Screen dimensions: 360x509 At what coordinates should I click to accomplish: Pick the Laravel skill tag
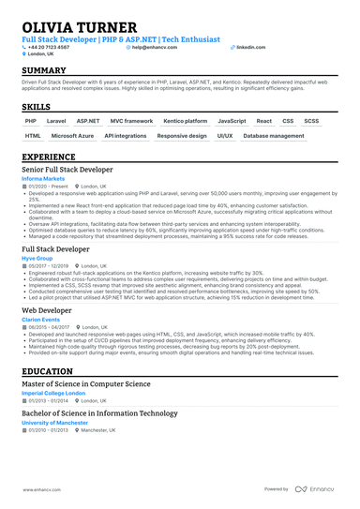(56, 121)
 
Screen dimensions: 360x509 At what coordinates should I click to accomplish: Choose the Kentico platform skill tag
(185, 121)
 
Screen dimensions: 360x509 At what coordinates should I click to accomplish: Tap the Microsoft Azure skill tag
(73, 136)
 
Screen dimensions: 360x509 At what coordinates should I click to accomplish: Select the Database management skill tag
(273, 136)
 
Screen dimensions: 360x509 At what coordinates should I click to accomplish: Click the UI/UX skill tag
(225, 136)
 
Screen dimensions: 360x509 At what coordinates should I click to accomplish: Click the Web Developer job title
(49, 309)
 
